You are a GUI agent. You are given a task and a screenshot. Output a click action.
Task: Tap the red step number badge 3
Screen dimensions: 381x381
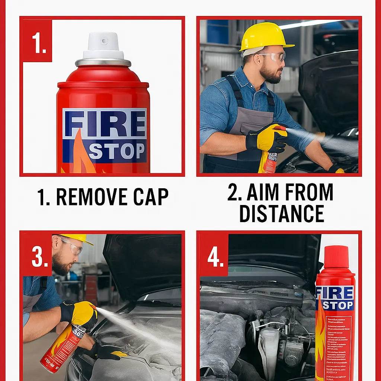coord(37,256)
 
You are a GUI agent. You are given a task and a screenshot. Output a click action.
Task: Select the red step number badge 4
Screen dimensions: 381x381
coord(214,256)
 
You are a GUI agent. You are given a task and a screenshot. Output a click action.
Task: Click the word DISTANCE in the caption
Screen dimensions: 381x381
coord(281,214)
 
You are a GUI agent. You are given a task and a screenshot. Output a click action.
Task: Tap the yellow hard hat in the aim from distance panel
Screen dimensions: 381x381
coord(265,36)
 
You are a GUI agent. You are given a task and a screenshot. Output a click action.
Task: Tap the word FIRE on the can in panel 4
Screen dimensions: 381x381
coord(335,293)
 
